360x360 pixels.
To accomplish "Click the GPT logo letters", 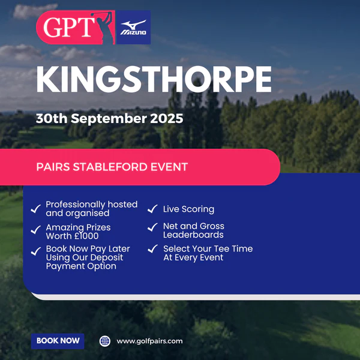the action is [68, 27].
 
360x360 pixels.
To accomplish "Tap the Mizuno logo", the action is [133, 28].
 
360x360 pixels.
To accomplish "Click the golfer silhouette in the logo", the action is [104, 28].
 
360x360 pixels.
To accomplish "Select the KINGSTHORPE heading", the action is [154, 79].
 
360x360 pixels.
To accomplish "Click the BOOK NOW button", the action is [58, 341].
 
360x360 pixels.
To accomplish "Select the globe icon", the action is [105, 341].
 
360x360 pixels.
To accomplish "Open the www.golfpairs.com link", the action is [149, 341].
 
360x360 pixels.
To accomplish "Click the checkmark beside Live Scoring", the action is [152, 209].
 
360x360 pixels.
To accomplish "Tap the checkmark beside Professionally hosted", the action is [36, 209].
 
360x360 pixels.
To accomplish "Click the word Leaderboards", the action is [193, 235].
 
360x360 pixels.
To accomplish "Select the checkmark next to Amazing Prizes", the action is [36, 230].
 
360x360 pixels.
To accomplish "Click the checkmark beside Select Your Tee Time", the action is [152, 248].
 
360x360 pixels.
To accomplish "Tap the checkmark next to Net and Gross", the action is [152, 227].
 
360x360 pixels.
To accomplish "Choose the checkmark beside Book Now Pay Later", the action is [36, 251].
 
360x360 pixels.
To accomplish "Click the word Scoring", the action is [198, 209].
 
